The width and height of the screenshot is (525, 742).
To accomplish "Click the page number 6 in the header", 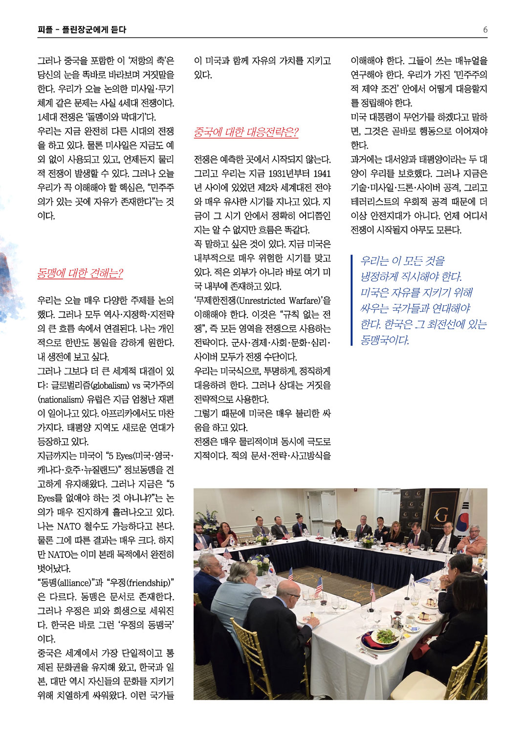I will tap(485, 30).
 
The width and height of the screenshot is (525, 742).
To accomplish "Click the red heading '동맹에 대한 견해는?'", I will tap(80, 273).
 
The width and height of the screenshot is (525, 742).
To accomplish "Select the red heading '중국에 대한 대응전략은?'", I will tap(246, 132).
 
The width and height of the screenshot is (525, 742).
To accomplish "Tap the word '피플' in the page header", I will tap(44, 30).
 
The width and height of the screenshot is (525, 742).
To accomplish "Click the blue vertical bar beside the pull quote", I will tap(352, 300).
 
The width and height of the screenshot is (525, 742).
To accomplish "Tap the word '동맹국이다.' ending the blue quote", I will tap(385, 340).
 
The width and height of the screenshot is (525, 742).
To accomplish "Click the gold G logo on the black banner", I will tap(441, 515).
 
